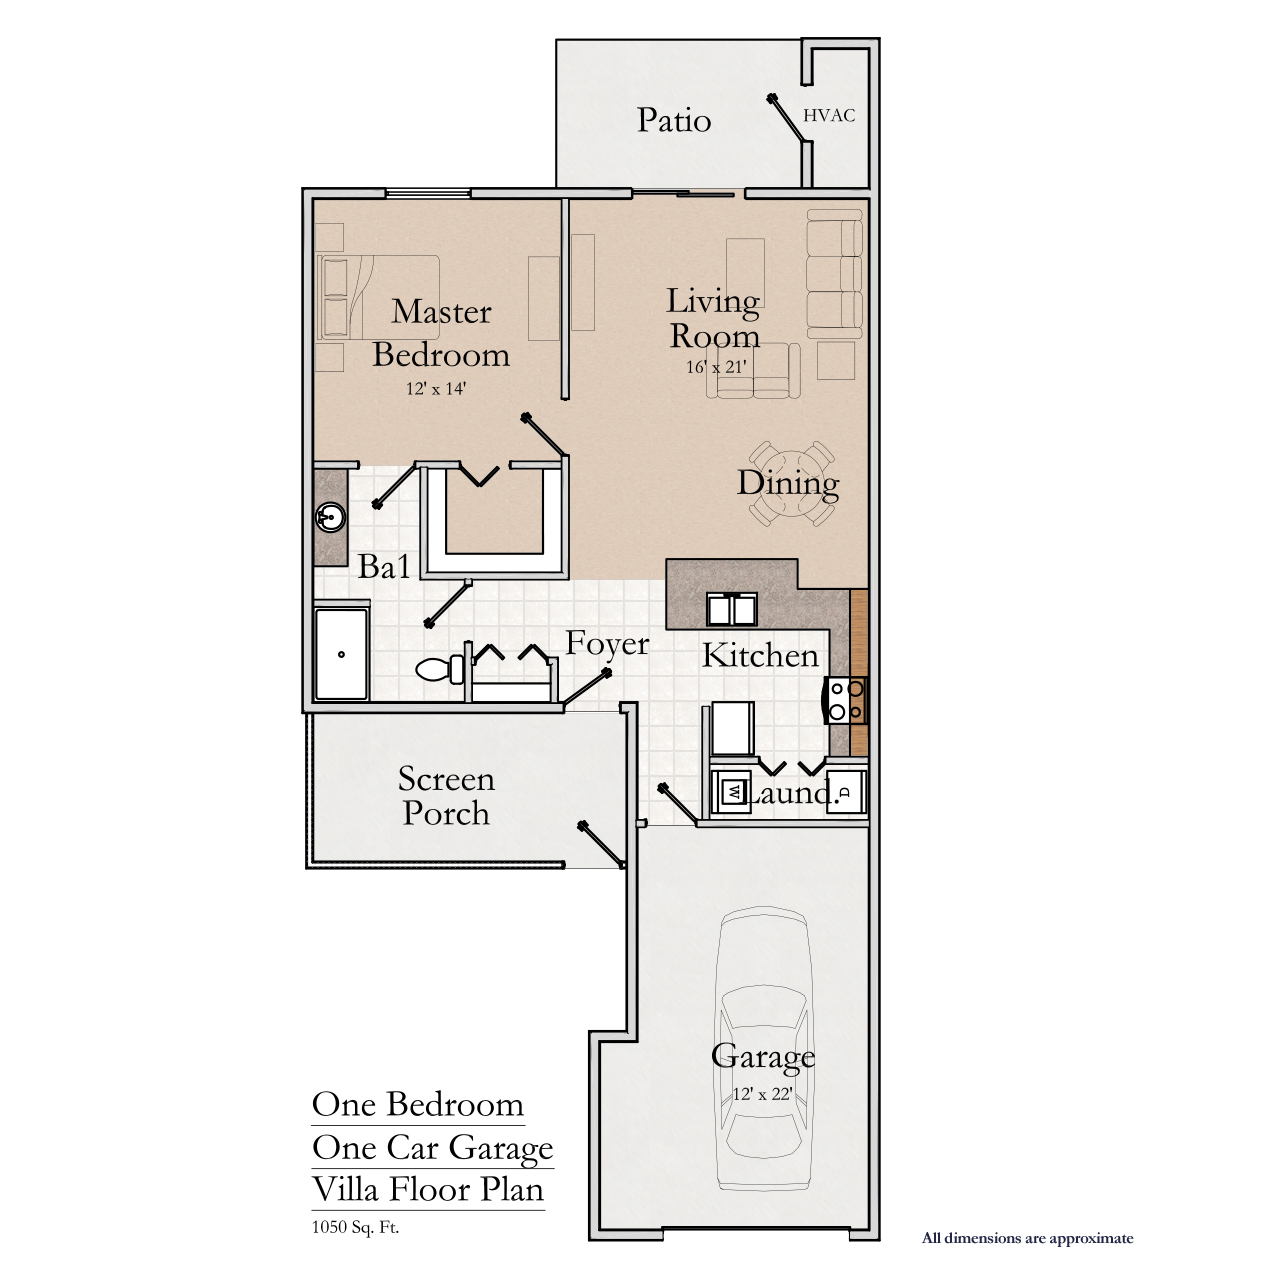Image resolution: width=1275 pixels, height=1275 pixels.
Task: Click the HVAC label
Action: point(828,116)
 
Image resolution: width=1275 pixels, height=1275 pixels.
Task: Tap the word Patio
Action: point(674,120)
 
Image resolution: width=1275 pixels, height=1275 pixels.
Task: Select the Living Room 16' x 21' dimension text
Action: point(716,367)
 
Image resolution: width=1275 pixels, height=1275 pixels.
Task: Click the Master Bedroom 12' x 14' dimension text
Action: point(436,388)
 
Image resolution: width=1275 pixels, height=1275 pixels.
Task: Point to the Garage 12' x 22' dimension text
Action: point(762,1094)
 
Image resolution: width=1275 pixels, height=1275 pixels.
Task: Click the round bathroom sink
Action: point(330,517)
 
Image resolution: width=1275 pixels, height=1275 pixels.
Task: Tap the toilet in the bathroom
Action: point(441,669)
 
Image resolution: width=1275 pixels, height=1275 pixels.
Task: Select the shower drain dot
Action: point(341,654)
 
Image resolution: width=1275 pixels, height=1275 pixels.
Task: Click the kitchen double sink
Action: point(731,609)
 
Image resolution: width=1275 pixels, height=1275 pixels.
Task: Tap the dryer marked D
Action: point(846,792)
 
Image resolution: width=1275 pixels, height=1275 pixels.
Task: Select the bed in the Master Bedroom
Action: point(378,297)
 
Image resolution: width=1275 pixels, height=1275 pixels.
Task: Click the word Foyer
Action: point(607,645)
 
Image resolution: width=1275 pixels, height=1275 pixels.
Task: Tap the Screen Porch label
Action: point(446,796)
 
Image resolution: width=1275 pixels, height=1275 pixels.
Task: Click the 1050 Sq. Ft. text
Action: point(355,1227)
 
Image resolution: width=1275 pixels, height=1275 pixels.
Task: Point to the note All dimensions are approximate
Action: point(1028,1238)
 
